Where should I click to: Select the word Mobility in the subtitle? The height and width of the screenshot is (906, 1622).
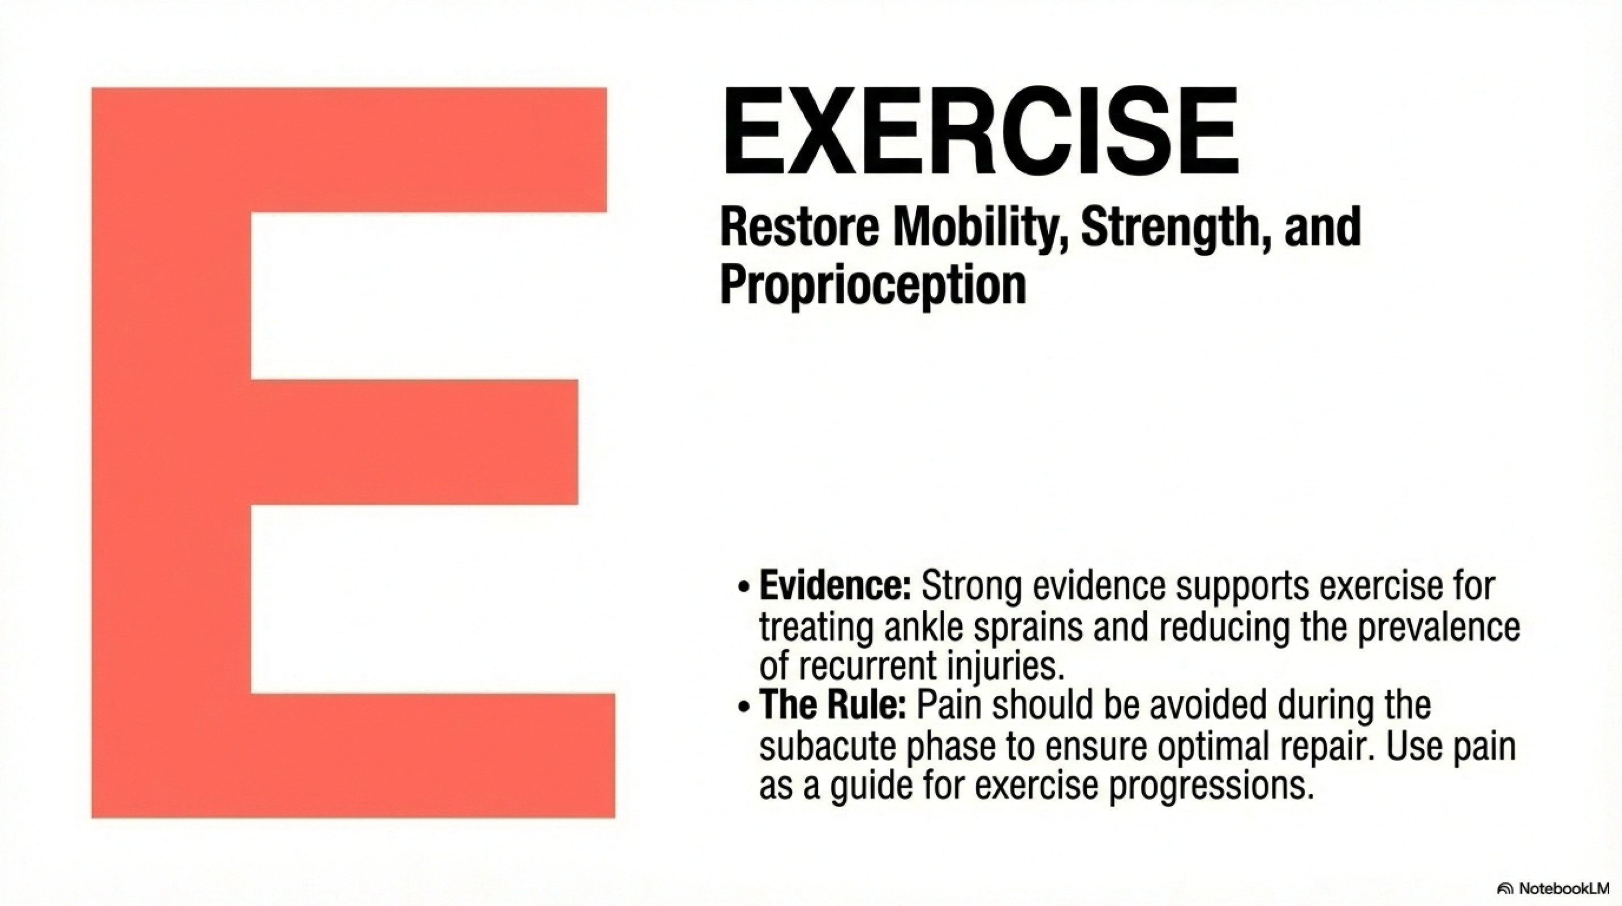(980, 229)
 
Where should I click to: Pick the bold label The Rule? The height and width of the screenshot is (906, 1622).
(832, 704)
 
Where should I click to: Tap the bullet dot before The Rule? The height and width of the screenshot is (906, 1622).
(745, 706)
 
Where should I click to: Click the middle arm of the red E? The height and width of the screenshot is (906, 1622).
(414, 442)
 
